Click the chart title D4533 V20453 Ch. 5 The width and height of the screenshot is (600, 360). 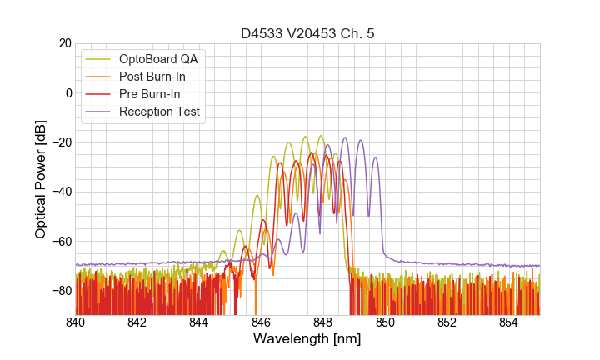307,33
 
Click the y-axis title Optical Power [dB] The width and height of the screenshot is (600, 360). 41,179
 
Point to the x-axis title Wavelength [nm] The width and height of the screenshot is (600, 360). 307,340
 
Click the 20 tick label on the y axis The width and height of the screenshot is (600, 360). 64,43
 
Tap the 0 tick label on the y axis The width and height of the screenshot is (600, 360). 68,92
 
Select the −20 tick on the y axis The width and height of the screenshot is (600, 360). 61,142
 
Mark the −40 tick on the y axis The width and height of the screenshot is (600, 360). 61,192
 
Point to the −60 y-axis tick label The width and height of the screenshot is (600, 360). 61,241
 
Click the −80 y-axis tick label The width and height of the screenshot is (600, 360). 61,291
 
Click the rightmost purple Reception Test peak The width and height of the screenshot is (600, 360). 375,157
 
